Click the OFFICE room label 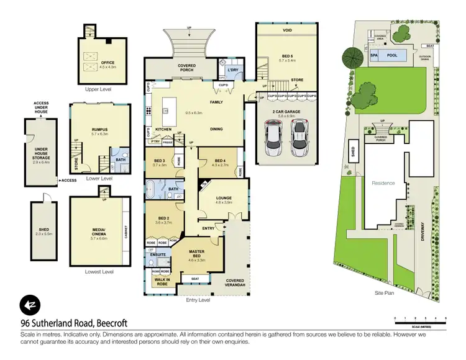95,61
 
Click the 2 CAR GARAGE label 286,114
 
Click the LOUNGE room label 223,199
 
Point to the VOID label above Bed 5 287,30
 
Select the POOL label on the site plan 391,55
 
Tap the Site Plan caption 387,291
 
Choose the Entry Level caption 198,300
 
